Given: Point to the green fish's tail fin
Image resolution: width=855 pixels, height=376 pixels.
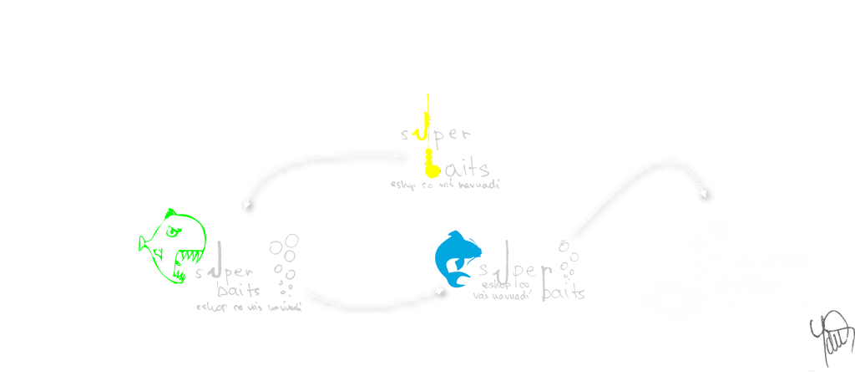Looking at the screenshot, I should pyautogui.click(x=146, y=243).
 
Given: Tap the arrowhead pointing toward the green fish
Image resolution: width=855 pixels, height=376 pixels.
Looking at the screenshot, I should pyautogui.click(x=245, y=206).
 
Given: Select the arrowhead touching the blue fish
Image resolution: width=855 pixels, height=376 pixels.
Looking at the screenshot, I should pyautogui.click(x=441, y=290).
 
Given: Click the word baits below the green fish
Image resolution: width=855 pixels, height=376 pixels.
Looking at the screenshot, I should pyautogui.click(x=238, y=291).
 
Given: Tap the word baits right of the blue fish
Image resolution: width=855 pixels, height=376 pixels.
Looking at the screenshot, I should pyautogui.click(x=563, y=292).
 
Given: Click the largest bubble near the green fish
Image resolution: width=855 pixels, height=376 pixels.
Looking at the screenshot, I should pyautogui.click(x=291, y=241).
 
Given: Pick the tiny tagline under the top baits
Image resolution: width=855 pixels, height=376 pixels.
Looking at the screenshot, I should pyautogui.click(x=444, y=185).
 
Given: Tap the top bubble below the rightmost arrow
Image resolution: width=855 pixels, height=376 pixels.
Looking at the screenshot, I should pyautogui.click(x=564, y=246).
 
